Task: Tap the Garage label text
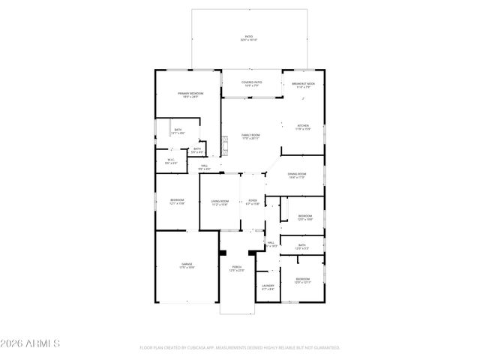point(187,265)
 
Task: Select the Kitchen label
point(303,127)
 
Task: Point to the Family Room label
point(250,136)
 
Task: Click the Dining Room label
point(295,175)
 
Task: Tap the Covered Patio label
point(251,83)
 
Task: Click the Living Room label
point(220,202)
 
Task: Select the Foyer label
point(253,202)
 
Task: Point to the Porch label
point(237,268)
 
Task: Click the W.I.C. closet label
point(171,160)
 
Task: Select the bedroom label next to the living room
point(177,202)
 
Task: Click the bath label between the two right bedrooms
point(302,246)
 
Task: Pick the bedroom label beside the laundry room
point(302,280)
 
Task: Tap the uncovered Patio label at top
point(247,37)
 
